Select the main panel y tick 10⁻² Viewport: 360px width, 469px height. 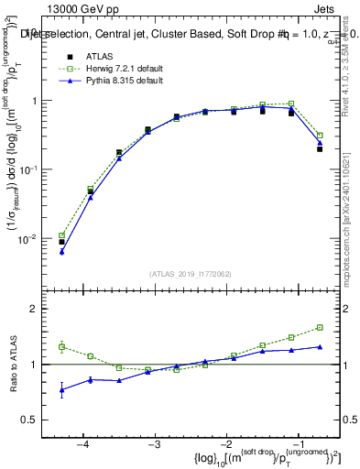(34, 238)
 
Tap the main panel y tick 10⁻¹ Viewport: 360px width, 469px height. (34, 169)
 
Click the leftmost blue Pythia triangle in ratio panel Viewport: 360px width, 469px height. (61, 390)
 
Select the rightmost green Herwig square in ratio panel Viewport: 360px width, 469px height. (320, 327)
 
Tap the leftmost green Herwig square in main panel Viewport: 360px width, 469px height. (61, 235)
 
